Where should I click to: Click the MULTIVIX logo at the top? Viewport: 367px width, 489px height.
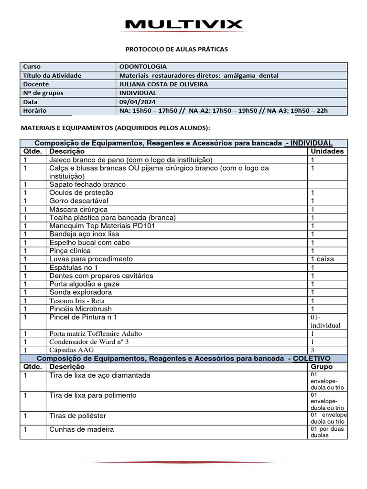pyautogui.click(x=183, y=24)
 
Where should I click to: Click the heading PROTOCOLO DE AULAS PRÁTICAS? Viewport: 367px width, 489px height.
pyautogui.click(x=176, y=49)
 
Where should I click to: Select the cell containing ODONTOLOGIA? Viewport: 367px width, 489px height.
pyautogui.click(x=143, y=67)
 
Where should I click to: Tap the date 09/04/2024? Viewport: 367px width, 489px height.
pyautogui.click(x=137, y=102)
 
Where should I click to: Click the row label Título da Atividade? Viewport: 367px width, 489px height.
pyautogui.click(x=52, y=75)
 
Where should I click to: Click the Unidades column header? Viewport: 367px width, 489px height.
pyautogui.click(x=327, y=151)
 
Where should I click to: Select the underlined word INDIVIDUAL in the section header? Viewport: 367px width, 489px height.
pyautogui.click(x=312, y=143)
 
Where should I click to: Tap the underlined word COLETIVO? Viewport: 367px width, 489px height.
pyautogui.click(x=312, y=359)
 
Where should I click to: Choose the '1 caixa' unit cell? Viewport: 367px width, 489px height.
pyautogui.click(x=323, y=259)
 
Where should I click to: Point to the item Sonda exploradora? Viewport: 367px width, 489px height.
pyautogui.click(x=81, y=292)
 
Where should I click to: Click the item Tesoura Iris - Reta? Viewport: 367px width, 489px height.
pyautogui.click(x=77, y=301)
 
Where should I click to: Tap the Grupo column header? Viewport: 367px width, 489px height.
pyautogui.click(x=322, y=367)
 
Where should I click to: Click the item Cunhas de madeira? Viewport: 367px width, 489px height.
pyautogui.click(x=82, y=429)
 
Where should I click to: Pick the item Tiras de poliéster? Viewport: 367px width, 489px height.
pyautogui.click(x=78, y=416)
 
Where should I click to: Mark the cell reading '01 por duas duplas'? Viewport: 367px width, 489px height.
pyautogui.click(x=327, y=432)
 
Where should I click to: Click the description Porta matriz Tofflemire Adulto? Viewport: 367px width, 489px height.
pyautogui.click(x=96, y=334)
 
